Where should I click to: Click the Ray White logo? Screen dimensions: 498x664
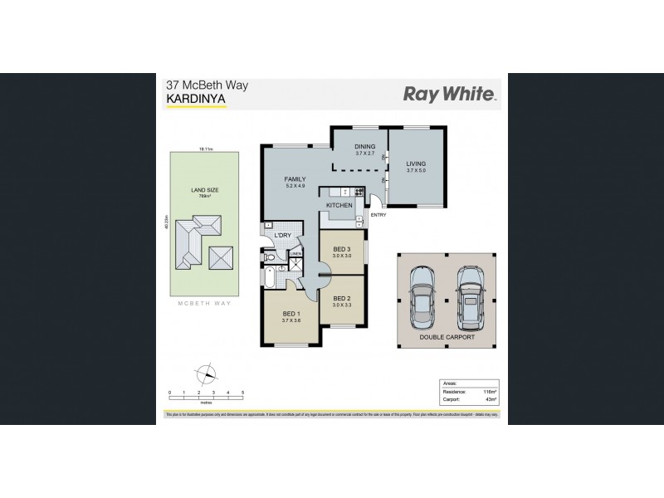[x=449, y=94]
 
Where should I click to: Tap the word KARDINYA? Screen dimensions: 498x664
[x=195, y=99]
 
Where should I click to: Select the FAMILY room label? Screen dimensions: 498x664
[x=295, y=178]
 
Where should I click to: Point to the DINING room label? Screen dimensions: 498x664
[x=366, y=148]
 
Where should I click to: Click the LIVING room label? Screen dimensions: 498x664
[x=415, y=164]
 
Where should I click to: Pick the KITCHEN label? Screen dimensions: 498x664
[x=339, y=204]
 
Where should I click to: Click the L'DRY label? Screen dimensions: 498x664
[x=282, y=236]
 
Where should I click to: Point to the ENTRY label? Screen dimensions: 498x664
[x=379, y=215]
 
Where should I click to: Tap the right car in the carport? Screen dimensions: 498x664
[x=470, y=295]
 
